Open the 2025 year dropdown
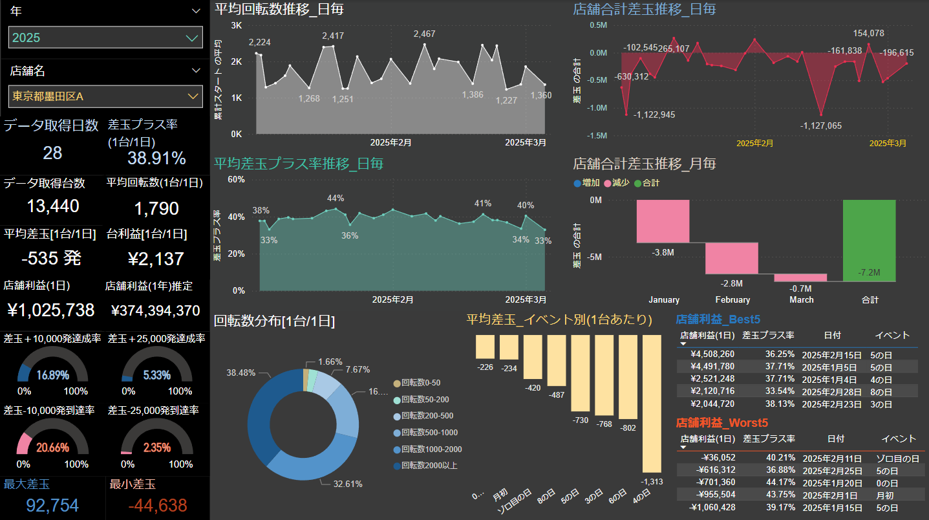point(105,38)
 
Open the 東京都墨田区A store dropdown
point(105,96)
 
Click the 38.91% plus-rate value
point(156,158)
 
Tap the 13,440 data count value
point(53,206)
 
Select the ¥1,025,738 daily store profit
point(51,310)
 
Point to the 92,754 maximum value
point(52,506)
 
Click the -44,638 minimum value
point(158,506)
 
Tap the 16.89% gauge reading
point(53,375)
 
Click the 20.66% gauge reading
point(53,448)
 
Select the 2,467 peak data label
point(424,34)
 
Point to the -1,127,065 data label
point(820,125)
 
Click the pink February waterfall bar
point(732,258)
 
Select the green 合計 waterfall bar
point(870,240)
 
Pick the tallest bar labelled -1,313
point(652,404)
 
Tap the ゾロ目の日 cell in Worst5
point(893,459)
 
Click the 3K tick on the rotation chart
point(237,25)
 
